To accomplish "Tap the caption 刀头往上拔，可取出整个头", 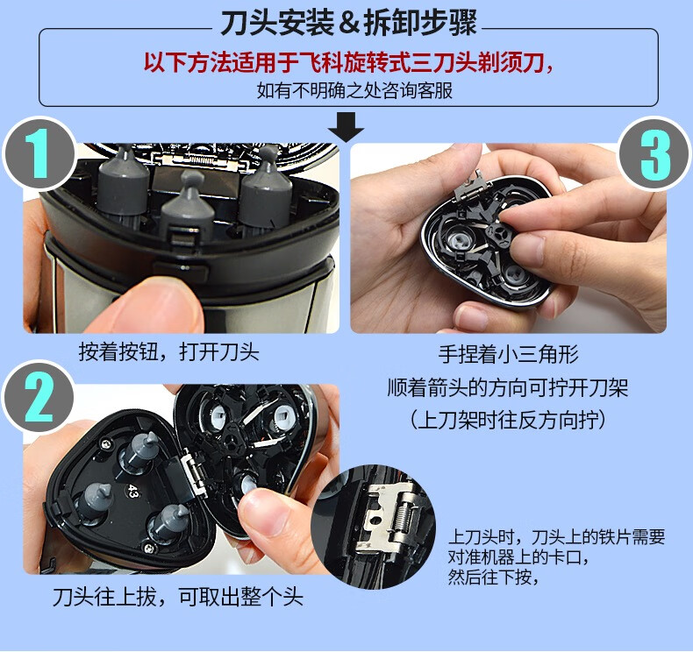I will pyautogui.click(x=176, y=598).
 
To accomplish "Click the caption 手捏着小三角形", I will pyautogui.click(x=508, y=355).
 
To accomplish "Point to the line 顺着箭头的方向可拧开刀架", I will pyautogui.click(x=508, y=386).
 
